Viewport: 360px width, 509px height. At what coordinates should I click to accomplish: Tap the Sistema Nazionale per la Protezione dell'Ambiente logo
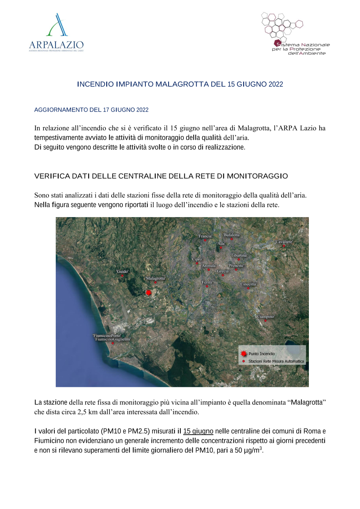pyautogui.click(x=295, y=34)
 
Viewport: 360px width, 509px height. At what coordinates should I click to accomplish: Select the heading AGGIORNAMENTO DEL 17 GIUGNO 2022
pyautogui.click(x=91, y=110)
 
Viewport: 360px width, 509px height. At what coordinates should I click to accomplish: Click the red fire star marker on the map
pyautogui.click(x=148, y=293)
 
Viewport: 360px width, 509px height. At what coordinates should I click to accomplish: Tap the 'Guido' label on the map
pyautogui.click(x=122, y=271)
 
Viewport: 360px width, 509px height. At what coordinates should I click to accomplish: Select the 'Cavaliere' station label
pyautogui.click(x=284, y=242)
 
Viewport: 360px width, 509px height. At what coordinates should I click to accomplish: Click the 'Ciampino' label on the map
pyautogui.click(x=265, y=317)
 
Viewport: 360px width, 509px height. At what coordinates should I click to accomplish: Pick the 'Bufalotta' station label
pyautogui.click(x=231, y=235)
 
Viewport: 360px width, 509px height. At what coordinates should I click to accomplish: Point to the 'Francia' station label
pyautogui.click(x=205, y=236)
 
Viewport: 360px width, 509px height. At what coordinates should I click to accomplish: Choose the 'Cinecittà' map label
pyautogui.click(x=248, y=284)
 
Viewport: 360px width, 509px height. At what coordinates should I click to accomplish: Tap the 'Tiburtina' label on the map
pyautogui.click(x=239, y=255)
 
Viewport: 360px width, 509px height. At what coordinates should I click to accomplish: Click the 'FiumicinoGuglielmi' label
pyautogui.click(x=113, y=339)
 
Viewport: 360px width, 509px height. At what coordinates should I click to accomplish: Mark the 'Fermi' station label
pyautogui.click(x=207, y=282)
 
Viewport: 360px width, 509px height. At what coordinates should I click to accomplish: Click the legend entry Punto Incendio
pyautogui.click(x=261, y=354)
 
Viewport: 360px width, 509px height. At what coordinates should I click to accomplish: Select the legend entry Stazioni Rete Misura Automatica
pyautogui.click(x=276, y=361)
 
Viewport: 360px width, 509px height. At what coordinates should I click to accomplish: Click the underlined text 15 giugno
pyautogui.click(x=198, y=431)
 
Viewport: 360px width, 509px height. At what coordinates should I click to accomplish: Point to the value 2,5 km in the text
pyautogui.click(x=87, y=412)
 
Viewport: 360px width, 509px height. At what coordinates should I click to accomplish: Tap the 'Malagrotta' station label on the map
pyautogui.click(x=155, y=278)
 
